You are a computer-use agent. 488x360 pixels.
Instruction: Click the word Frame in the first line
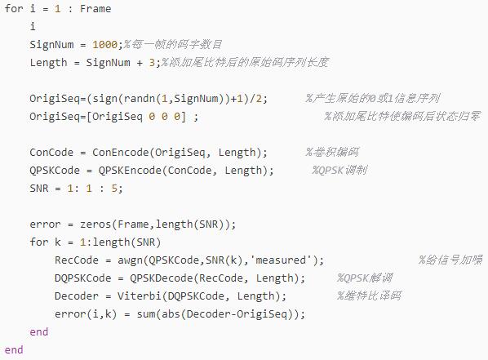pos(95,9)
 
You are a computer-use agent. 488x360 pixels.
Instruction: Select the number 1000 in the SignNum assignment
pos(104,45)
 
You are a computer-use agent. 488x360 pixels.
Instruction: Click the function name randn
pos(139,99)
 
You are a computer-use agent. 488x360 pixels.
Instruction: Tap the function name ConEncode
pos(121,153)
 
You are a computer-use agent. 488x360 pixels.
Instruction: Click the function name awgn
pos(130,260)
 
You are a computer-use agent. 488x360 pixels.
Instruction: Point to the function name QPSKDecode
pos(162,278)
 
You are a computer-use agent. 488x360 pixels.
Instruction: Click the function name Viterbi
pos(139,296)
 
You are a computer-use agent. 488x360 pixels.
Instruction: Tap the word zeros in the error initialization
pos(95,224)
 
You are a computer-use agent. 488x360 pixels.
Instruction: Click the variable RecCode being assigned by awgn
pos(77,260)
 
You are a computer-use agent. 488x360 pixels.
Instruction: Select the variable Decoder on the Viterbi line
pos(77,296)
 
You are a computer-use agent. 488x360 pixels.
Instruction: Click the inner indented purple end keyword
pos(39,332)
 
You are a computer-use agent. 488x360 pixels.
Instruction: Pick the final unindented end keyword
pos(14,350)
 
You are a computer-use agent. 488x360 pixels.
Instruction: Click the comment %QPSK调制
pos(339,171)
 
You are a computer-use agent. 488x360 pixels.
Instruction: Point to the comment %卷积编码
pos(332,153)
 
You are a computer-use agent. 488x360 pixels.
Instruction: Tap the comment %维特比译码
pos(369,296)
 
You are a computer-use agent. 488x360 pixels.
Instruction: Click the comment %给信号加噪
pos(450,260)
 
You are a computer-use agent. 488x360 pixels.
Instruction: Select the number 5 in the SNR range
pos(114,189)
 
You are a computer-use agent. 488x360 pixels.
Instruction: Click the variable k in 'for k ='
pos(58,242)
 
